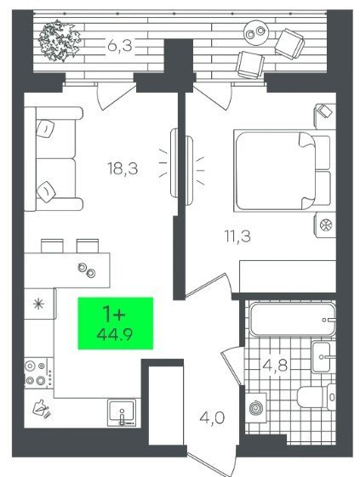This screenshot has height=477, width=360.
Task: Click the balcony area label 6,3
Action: point(120,46)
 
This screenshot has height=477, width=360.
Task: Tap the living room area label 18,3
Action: point(123,168)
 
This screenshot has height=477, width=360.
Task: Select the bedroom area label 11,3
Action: point(237,236)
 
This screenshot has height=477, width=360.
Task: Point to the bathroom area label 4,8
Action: point(275,366)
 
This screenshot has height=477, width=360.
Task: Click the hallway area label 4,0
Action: point(212,417)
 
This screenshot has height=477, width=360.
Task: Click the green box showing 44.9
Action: point(116,323)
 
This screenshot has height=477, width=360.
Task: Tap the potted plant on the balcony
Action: point(60,41)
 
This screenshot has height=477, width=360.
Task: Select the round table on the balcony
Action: point(256,32)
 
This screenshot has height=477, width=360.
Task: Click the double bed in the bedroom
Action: point(283,171)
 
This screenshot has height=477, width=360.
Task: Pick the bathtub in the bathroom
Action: point(293,320)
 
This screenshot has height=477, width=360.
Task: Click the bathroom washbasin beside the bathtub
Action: point(323,357)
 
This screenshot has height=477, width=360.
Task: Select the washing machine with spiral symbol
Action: point(256,408)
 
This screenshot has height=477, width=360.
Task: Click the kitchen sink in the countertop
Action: point(122,413)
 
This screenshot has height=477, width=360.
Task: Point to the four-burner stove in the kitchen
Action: point(38,373)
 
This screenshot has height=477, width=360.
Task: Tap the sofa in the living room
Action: point(54,159)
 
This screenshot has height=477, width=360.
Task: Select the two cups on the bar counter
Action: point(87,270)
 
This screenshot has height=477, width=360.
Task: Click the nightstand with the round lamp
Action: point(325,225)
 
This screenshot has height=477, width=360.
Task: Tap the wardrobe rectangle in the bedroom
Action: point(288,276)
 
